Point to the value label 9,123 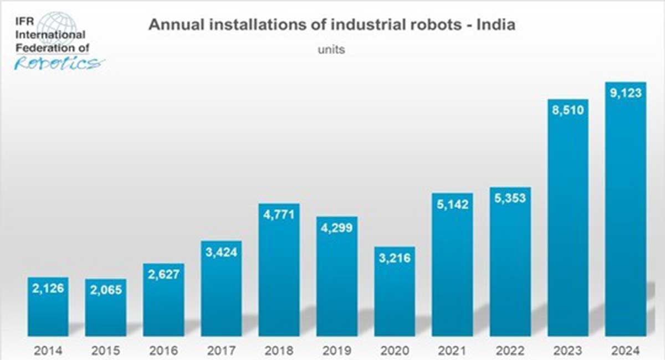[x=625, y=94]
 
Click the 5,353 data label [x=510, y=198]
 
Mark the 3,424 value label [x=221, y=253]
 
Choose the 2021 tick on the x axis [x=452, y=351]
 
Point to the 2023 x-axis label [x=568, y=351]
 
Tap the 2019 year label [x=337, y=351]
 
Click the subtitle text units [x=331, y=49]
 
